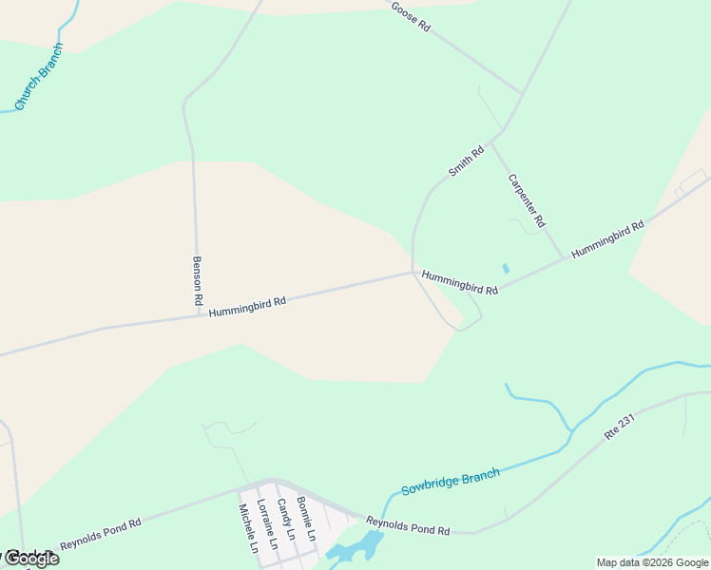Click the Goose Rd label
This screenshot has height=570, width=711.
tap(411, 16)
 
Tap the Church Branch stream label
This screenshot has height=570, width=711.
tap(38, 76)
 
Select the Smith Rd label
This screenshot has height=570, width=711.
tap(466, 161)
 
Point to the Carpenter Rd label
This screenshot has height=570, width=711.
tap(526, 199)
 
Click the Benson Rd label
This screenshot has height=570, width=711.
tap(198, 279)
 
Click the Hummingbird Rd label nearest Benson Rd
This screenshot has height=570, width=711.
tap(247, 306)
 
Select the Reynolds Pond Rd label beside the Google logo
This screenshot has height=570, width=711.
tap(101, 533)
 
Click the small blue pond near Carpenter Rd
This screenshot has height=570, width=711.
tap(506, 269)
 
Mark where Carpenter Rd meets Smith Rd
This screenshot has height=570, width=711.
tap(490, 142)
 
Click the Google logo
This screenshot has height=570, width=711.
tap(30, 559)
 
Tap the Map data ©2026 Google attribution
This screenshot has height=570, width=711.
tap(652, 562)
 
